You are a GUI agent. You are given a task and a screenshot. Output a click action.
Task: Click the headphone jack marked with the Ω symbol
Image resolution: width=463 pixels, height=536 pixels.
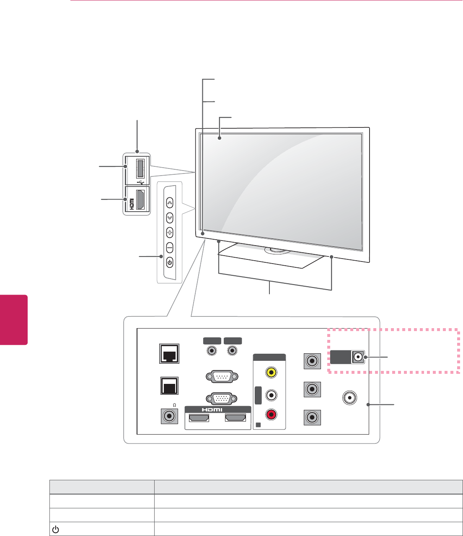tap(169, 416)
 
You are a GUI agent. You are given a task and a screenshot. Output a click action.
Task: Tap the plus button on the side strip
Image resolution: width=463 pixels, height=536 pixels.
tap(169, 233)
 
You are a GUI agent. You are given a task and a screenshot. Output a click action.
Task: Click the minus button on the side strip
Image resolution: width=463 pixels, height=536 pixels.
tap(169, 248)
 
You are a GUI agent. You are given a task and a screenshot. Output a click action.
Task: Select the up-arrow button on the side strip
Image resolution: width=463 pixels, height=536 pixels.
tap(169, 202)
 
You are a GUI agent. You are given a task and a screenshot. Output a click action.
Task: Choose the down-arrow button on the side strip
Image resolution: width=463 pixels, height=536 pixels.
tap(169, 218)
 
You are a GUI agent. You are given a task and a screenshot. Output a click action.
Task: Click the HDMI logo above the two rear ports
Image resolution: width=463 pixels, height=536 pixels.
tap(212, 409)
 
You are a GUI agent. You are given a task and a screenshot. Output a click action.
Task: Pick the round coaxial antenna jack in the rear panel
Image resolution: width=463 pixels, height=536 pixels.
tap(349, 397)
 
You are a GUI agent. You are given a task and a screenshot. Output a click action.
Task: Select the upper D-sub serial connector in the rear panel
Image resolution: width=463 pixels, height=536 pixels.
tap(222, 376)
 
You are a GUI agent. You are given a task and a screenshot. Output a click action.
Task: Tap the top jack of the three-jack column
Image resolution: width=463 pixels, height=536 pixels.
tap(312, 361)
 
